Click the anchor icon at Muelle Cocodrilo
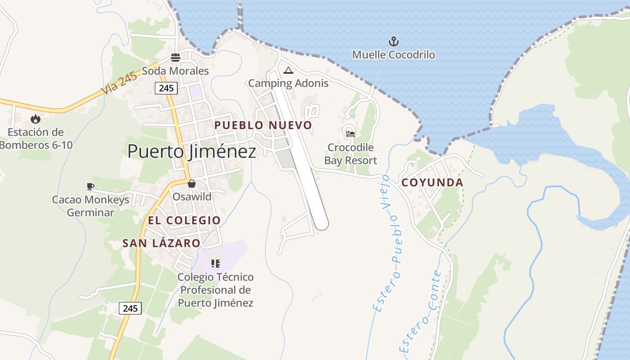coord(394,42)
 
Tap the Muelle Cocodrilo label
coord(394,55)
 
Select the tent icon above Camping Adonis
coord(288,70)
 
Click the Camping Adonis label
coord(288,83)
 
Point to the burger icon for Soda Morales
coord(175,58)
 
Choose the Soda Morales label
coord(175,71)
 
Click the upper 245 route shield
coord(166,88)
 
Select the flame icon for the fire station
coord(36,119)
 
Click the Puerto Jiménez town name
coord(192,151)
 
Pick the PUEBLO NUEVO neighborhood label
coord(263,125)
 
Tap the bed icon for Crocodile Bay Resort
coord(351,134)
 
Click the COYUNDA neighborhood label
coord(432,182)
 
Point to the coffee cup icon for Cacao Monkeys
coord(90,186)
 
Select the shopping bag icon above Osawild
coord(192,184)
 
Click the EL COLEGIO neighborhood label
coord(184,220)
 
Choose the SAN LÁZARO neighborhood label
coord(161,243)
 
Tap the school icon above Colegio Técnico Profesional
coord(215,263)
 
